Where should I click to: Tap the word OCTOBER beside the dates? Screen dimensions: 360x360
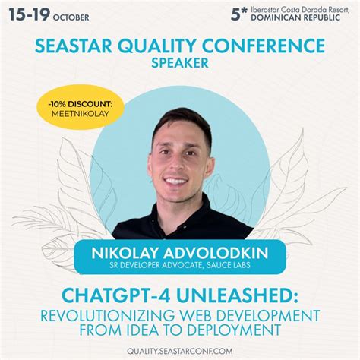click(72, 17)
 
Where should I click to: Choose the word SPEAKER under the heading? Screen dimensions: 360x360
click(179, 65)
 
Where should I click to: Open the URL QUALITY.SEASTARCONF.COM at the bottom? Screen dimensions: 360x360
click(179, 350)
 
